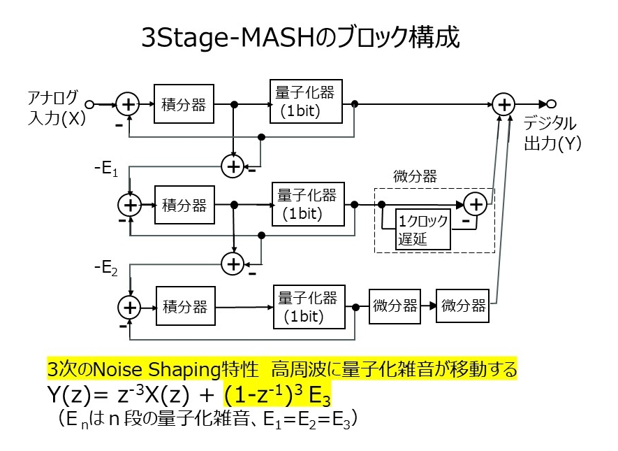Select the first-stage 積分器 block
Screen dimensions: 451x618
point(184,104)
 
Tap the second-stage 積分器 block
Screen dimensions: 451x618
point(184,205)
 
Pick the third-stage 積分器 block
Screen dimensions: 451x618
point(185,306)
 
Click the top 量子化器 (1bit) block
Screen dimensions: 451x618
point(307,101)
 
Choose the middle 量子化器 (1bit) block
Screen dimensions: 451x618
point(307,203)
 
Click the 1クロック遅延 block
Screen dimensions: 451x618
point(423,229)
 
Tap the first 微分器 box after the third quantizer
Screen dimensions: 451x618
point(395,306)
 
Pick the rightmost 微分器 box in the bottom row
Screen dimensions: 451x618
point(463,306)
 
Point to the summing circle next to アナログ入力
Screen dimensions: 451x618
point(128,104)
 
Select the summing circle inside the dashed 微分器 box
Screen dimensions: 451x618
point(476,204)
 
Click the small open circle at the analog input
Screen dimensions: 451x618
point(89,104)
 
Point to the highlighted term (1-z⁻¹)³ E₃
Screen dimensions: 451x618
point(277,396)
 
